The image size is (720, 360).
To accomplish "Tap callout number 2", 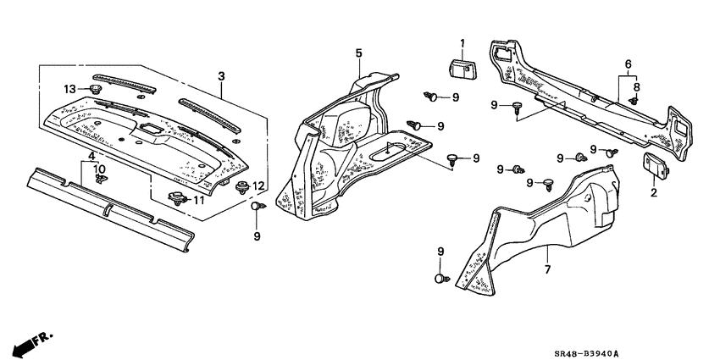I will [x=653, y=193].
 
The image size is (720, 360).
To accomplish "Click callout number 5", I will [x=358, y=53].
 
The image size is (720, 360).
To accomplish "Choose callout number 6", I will [x=628, y=64].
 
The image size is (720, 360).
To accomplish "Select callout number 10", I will [x=100, y=169].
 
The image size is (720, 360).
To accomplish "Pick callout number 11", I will [x=200, y=200].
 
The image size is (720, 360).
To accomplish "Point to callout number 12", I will [x=260, y=186].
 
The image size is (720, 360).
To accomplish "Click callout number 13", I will [x=69, y=89].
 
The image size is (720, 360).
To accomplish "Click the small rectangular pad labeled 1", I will [x=461, y=68].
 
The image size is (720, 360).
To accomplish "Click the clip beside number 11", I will [x=178, y=199].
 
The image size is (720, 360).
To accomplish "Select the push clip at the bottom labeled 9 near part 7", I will [x=440, y=277].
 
